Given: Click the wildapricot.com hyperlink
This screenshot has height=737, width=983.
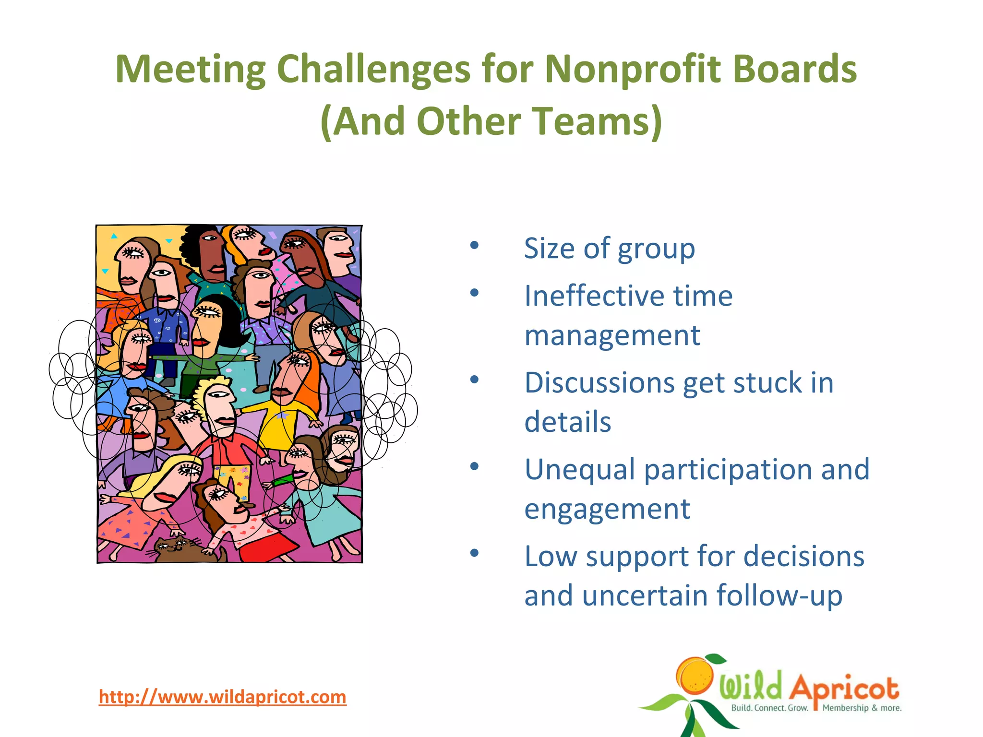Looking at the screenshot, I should tap(222, 697).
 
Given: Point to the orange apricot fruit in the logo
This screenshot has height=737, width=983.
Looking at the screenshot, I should tap(695, 676).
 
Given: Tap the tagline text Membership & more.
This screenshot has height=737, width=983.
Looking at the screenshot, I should tap(862, 708).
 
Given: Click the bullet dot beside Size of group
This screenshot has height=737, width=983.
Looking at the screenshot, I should tap(474, 246).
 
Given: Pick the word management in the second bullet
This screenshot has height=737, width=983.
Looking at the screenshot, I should tap(612, 335).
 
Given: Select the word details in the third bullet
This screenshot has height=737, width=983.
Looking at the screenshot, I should tap(567, 422).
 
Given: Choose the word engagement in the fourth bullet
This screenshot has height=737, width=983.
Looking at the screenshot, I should tap(607, 510).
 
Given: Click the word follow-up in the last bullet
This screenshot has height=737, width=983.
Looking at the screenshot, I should tap(779, 596).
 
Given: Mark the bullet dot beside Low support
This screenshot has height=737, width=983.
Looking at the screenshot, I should tap(474, 553).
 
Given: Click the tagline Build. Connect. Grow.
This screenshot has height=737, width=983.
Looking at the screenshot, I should tap(769, 708).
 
